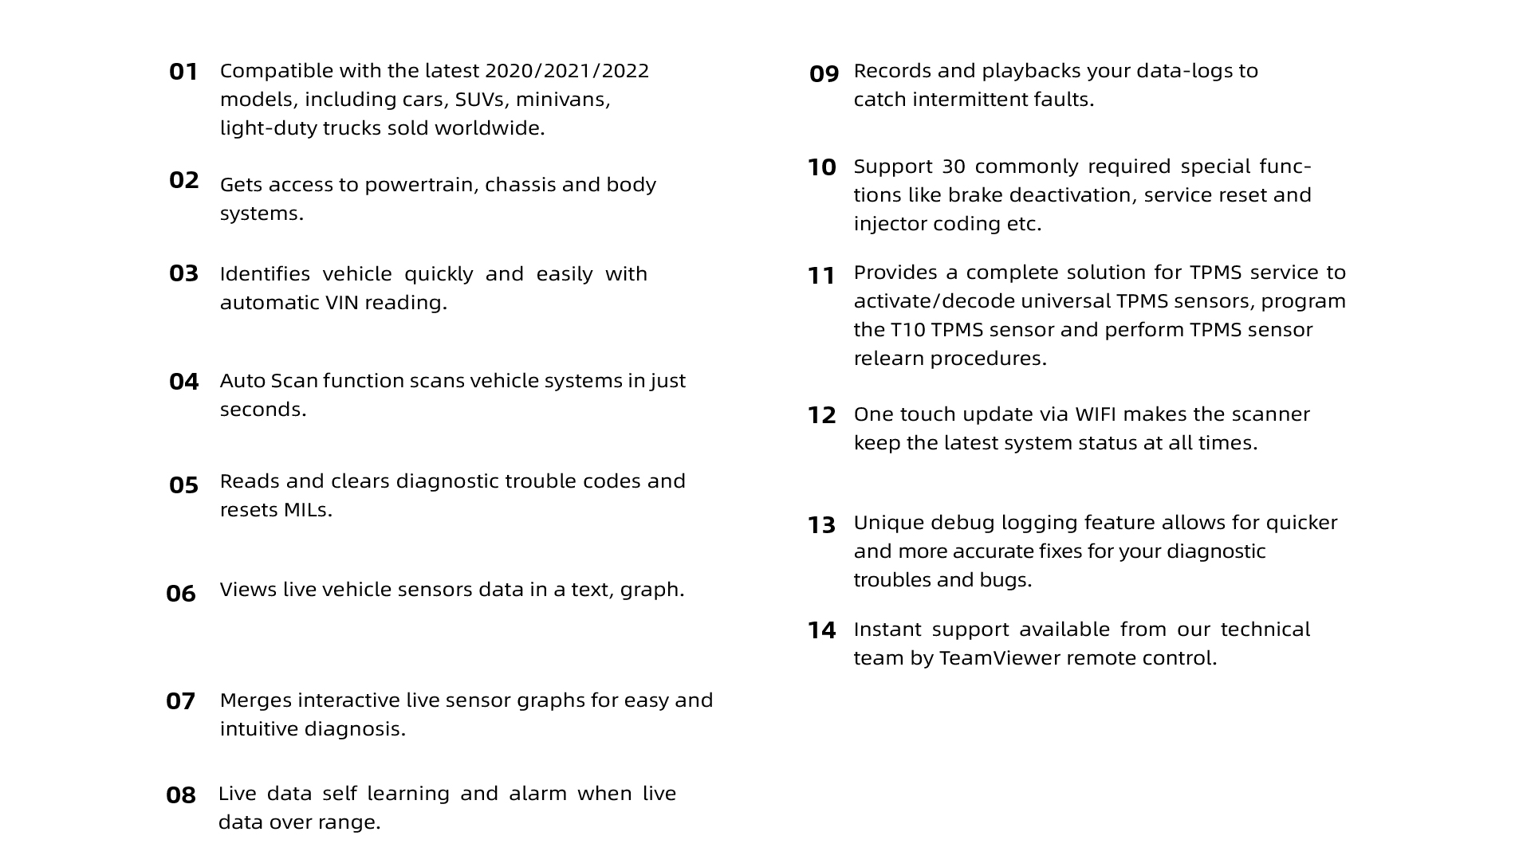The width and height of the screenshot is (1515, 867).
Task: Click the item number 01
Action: click(x=183, y=73)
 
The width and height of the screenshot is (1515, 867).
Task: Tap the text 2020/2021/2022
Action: click(x=566, y=71)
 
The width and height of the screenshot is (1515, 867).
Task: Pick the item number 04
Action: click(x=183, y=382)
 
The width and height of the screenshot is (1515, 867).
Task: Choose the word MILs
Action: click(x=306, y=510)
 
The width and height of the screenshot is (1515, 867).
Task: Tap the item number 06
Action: click(x=181, y=594)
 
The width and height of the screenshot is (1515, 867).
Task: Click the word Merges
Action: click(x=255, y=700)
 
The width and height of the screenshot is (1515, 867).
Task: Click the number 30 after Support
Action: click(x=952, y=167)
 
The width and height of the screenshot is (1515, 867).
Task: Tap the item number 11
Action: click(x=821, y=277)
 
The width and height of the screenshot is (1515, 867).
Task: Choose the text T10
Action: click(x=907, y=330)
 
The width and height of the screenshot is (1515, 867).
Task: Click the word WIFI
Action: click(x=1096, y=414)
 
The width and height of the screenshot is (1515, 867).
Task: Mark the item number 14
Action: click(x=821, y=631)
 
